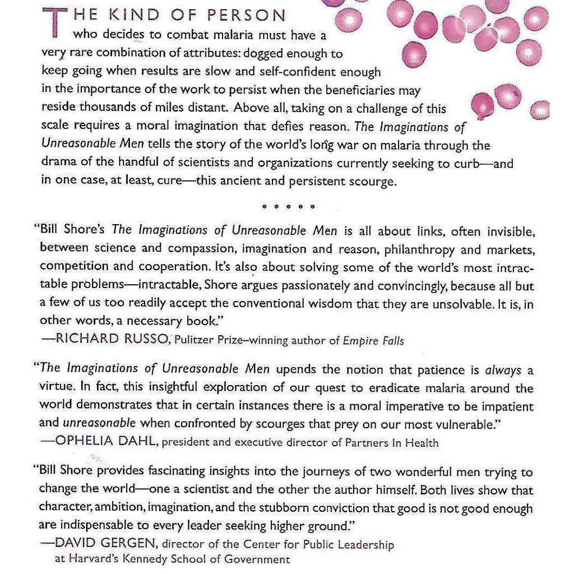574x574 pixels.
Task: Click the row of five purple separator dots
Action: coord(288,207)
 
